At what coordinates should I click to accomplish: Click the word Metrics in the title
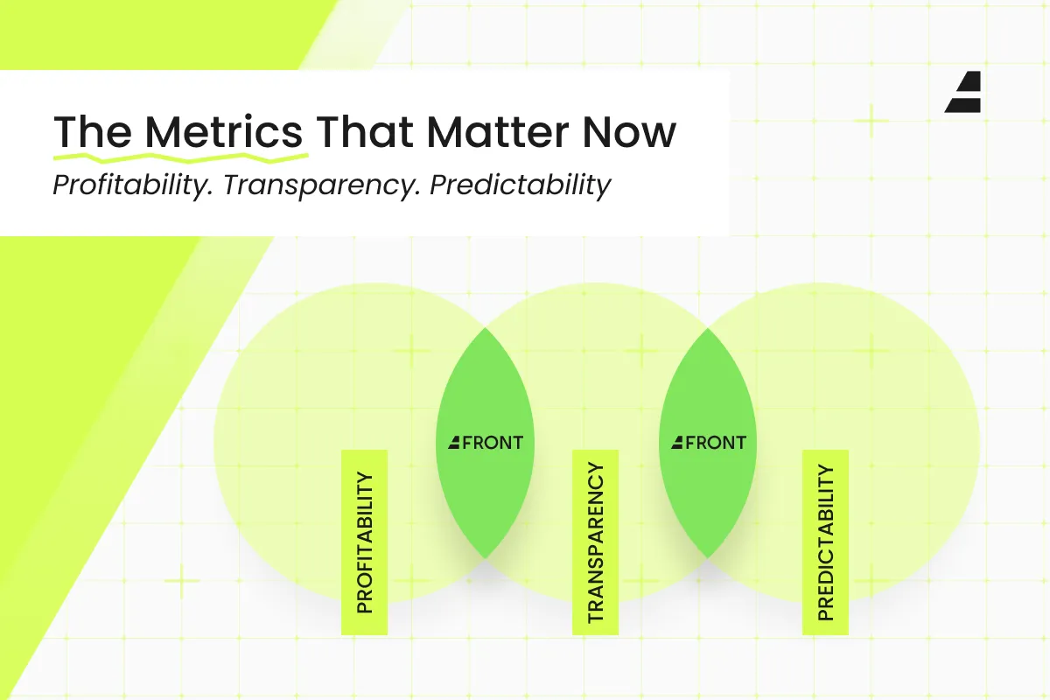tap(224, 132)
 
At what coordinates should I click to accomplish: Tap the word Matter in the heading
tap(497, 132)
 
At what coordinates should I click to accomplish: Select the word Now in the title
tap(629, 132)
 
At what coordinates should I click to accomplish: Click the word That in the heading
tap(365, 132)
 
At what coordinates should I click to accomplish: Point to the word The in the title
tap(93, 132)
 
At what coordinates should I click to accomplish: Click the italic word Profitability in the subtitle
tap(133, 185)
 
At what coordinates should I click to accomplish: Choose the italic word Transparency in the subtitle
tap(321, 185)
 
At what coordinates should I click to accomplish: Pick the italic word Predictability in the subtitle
tap(521, 185)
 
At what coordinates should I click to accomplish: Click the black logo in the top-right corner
tap(962, 92)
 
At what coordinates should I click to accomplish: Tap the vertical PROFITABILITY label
tap(364, 542)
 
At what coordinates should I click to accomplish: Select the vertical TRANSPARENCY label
tap(595, 542)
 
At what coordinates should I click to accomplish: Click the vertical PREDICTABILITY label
tap(825, 542)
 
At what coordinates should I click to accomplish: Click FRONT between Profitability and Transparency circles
tap(492, 443)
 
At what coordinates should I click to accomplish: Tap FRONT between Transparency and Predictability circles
tap(716, 443)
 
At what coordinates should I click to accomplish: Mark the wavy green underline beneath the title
tap(181, 158)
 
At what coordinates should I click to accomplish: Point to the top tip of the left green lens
tap(486, 328)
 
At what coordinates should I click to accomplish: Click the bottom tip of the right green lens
tap(708, 558)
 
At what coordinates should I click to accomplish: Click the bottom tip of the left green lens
tap(486, 558)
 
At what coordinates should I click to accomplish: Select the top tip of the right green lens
tap(708, 328)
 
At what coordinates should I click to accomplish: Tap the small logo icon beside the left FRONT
tap(454, 443)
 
